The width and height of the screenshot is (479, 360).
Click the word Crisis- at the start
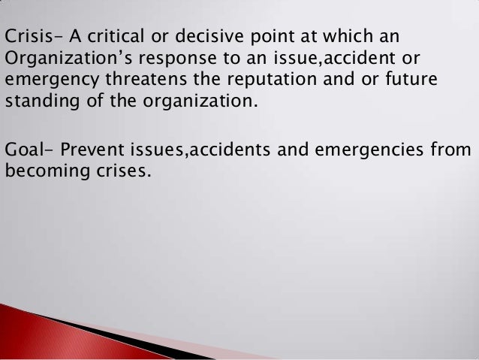(x=31, y=35)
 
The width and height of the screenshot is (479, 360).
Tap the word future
(x=404, y=79)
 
